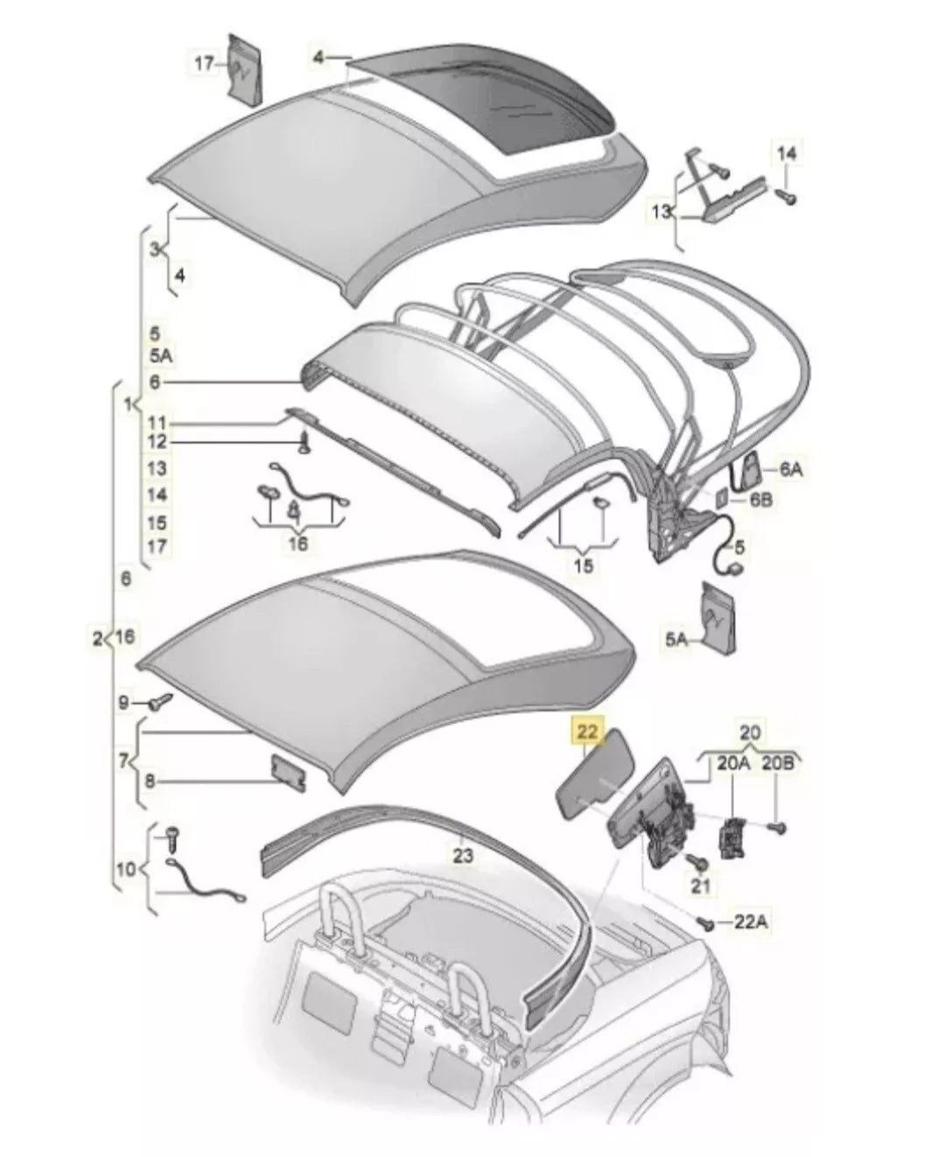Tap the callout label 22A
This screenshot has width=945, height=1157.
click(x=755, y=921)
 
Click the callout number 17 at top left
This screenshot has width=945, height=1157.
click(x=204, y=64)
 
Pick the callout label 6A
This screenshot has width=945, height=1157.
click(x=790, y=470)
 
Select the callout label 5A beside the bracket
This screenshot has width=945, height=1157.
click(x=675, y=641)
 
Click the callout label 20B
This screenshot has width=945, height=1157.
click(x=777, y=763)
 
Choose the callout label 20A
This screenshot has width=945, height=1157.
click(x=733, y=763)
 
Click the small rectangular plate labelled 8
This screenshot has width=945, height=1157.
click(x=287, y=773)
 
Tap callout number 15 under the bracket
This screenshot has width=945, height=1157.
click(x=584, y=565)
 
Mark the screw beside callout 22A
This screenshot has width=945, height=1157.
click(x=705, y=922)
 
